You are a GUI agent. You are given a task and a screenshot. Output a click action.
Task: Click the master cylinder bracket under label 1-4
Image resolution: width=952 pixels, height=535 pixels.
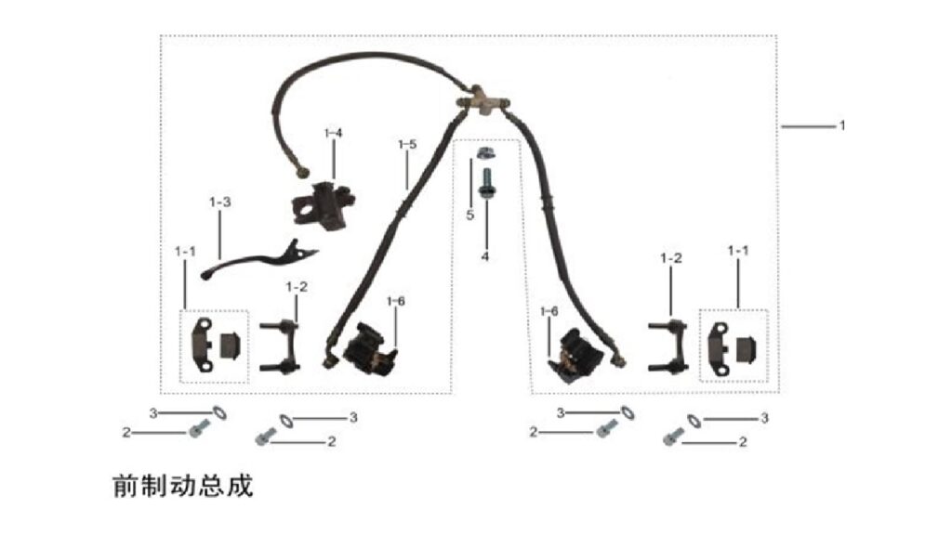coord(323,205)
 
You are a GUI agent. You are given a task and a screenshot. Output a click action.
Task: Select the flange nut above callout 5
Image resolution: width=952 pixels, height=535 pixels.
coord(483,152)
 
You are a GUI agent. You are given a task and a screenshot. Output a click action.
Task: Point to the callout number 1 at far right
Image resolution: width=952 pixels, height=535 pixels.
coord(842,125)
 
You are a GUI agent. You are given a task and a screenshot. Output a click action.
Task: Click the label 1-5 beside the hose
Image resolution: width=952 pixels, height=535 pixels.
coord(407,144)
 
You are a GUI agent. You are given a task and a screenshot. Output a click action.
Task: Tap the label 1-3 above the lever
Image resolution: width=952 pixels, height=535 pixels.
coord(219,202)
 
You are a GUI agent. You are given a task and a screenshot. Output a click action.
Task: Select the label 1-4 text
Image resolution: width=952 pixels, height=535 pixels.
coord(334,133)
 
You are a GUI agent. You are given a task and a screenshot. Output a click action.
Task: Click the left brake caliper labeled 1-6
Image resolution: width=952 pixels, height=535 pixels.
coord(369,346)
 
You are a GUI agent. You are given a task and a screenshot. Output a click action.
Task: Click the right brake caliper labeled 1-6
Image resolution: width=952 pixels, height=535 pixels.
coord(573,356)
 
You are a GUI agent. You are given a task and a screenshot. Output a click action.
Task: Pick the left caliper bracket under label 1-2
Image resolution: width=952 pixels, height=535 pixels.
coord(280,346)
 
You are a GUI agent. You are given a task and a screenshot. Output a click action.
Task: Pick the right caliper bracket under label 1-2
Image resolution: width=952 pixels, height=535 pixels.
coord(668,346)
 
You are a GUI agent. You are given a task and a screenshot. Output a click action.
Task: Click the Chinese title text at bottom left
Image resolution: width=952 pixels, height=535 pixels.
coord(183,486)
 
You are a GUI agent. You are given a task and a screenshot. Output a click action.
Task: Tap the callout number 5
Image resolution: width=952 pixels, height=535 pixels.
coord(469,215)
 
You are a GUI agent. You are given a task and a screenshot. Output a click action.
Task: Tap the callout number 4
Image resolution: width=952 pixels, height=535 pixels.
coord(485,257)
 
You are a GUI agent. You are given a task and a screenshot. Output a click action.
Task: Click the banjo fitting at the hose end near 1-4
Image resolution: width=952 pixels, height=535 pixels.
coord(300,172)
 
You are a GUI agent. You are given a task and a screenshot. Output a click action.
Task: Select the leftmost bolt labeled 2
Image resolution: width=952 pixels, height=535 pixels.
coord(199,429)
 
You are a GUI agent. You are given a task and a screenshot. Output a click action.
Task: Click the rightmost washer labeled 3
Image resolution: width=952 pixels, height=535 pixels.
coord(694,420)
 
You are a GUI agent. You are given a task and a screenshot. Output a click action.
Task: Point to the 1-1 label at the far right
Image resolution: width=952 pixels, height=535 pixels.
coord(738,251)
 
